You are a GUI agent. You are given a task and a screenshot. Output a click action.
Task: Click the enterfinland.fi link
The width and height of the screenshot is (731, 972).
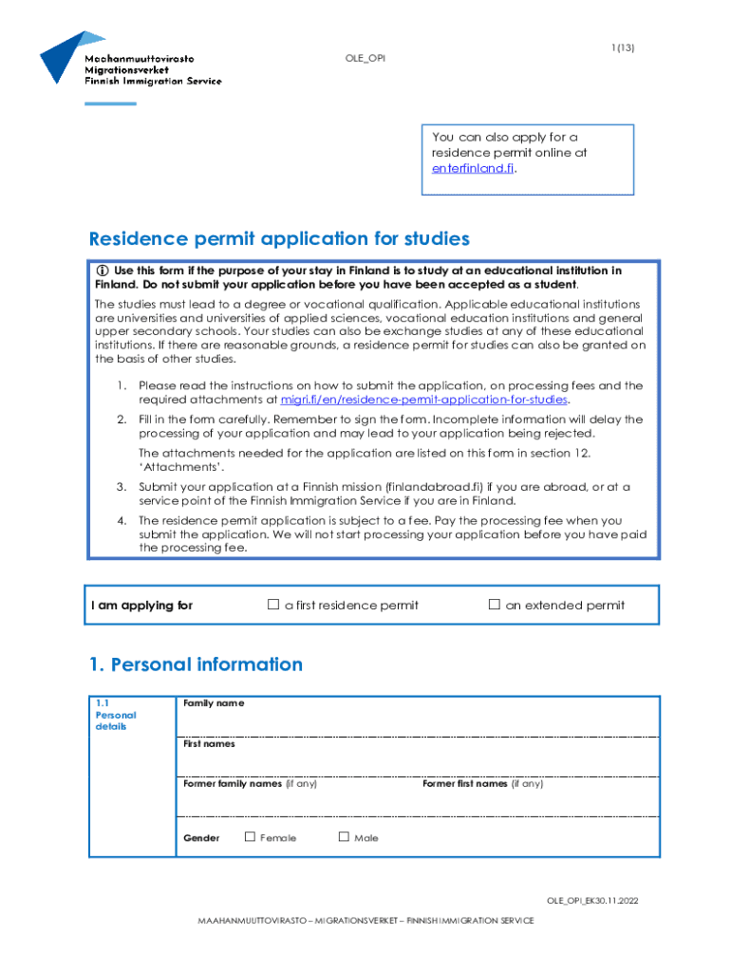click(x=474, y=168)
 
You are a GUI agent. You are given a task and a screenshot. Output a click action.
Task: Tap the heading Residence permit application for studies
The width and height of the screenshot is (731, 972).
click(x=279, y=238)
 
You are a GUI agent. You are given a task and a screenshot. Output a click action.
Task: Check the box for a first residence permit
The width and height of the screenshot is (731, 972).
click(x=273, y=605)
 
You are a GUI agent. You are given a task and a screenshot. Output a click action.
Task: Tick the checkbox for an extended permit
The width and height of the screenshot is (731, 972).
click(x=494, y=605)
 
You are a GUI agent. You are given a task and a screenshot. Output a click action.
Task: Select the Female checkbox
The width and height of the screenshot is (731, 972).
click(x=250, y=837)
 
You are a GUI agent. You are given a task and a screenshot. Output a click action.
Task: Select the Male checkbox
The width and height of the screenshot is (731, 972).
click(x=344, y=837)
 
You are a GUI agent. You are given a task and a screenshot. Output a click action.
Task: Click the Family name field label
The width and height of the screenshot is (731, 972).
click(x=214, y=703)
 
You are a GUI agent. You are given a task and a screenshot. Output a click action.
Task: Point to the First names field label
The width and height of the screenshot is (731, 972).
click(x=209, y=744)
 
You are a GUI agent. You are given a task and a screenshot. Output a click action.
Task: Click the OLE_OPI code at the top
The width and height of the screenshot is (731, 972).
click(x=365, y=59)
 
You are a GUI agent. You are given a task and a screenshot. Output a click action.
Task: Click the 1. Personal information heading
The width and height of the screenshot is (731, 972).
click(x=196, y=664)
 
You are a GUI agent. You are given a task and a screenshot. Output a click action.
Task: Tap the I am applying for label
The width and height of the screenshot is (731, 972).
click(x=141, y=606)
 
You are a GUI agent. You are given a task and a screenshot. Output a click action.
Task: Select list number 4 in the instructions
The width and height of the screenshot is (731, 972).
click(x=122, y=520)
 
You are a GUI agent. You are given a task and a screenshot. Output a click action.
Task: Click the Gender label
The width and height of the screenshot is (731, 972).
click(x=201, y=838)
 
